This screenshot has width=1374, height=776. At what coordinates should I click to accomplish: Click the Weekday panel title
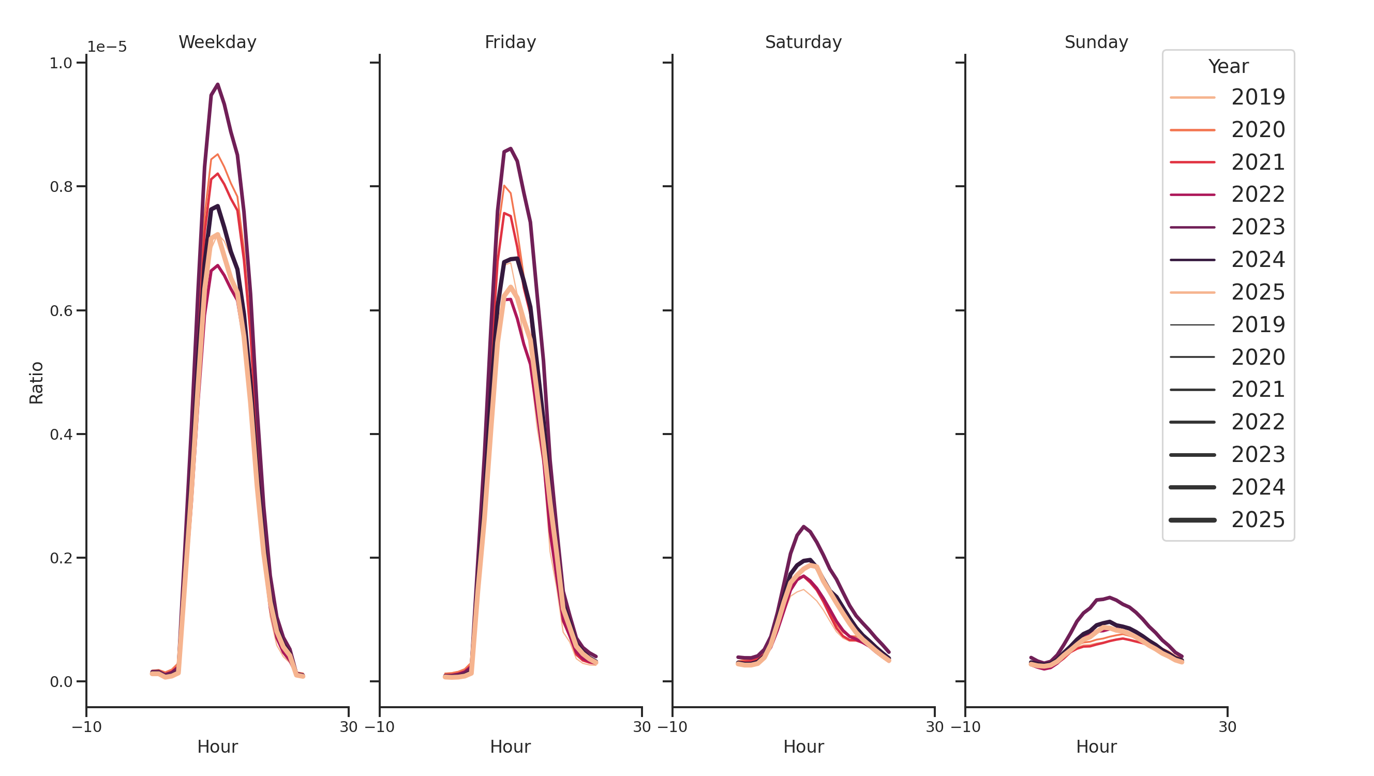(217, 42)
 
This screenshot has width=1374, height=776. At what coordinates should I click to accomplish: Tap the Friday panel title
(510, 42)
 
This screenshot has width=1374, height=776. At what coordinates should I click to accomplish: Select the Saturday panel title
(803, 42)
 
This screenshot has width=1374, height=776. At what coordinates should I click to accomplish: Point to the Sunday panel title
(1096, 42)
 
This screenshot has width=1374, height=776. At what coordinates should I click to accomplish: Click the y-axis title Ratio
(36, 382)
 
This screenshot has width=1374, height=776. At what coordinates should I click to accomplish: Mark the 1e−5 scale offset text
(107, 47)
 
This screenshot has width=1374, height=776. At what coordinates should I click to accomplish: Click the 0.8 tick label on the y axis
(61, 187)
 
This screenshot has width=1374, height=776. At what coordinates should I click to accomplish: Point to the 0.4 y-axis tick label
(61, 434)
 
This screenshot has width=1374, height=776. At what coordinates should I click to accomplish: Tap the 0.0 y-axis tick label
(61, 682)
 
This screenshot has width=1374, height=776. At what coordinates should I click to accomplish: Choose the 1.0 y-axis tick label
(61, 63)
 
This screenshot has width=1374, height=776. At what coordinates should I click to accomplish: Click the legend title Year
(1228, 67)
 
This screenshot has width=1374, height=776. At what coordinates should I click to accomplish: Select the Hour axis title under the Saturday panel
(803, 747)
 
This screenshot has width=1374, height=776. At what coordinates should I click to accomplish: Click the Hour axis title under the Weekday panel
(217, 747)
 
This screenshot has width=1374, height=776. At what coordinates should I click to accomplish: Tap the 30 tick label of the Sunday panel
(1227, 727)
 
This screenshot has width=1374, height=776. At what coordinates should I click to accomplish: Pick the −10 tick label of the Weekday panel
(86, 727)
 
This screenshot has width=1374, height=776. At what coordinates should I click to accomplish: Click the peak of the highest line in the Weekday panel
(218, 85)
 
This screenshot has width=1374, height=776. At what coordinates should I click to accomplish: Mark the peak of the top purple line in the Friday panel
(511, 149)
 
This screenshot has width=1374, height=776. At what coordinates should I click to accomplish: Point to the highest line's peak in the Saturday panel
(803, 527)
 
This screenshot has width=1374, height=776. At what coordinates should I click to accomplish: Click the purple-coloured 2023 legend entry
(1227, 227)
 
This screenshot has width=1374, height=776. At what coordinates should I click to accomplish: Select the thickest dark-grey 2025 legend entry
(1227, 520)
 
